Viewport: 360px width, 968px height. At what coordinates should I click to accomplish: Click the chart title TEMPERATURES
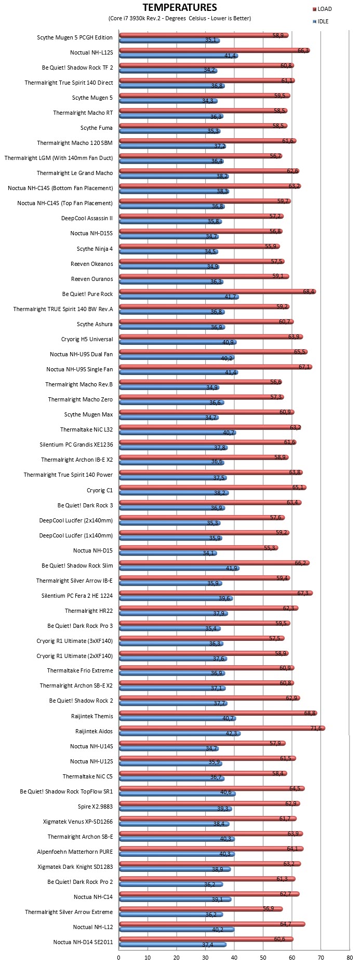(179, 7)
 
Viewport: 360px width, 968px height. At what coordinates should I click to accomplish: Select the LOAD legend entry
(322, 9)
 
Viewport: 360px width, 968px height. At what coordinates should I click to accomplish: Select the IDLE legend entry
(321, 21)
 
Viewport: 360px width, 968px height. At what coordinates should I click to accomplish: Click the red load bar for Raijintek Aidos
(222, 728)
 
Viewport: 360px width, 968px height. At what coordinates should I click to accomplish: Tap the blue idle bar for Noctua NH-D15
(168, 553)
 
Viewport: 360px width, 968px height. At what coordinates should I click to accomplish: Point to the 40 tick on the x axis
(234, 957)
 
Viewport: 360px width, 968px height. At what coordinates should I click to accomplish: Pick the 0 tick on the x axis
(119, 957)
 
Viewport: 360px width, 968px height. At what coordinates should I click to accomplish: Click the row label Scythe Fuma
(97, 128)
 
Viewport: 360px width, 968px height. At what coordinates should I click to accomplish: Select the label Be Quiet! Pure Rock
(87, 294)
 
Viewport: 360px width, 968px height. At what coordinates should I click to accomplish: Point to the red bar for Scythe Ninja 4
(199, 246)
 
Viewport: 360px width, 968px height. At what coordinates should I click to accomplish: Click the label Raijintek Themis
(92, 716)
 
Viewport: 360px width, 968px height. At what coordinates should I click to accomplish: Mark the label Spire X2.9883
(96, 806)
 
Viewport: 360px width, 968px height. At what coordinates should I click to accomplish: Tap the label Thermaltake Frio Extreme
(80, 670)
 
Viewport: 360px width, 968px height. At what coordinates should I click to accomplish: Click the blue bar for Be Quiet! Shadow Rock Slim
(179, 568)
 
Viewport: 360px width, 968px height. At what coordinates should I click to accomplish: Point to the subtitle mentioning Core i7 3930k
(180, 18)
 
